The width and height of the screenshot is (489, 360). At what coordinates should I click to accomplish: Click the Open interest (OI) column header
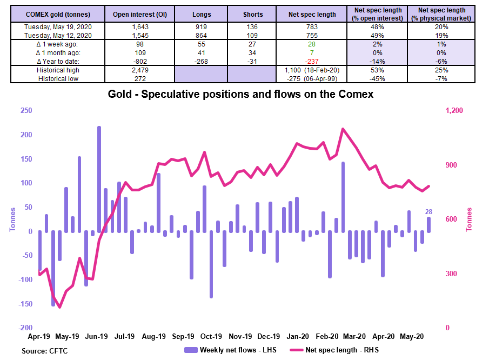point(140,15)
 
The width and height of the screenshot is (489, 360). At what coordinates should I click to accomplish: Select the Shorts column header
point(253,15)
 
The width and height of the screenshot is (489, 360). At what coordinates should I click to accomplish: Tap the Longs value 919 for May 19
point(201,27)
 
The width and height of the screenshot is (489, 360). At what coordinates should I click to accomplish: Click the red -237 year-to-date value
point(312,62)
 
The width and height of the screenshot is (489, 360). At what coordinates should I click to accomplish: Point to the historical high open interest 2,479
point(140,70)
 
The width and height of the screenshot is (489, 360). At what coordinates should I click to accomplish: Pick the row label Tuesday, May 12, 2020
point(58,36)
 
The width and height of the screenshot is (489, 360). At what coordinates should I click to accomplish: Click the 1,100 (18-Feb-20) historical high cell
point(312,70)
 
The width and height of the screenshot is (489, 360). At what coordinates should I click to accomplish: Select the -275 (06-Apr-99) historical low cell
point(312,78)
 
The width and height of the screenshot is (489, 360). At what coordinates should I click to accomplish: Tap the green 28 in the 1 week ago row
point(312,44)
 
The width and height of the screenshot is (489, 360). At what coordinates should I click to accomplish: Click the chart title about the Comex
point(240,94)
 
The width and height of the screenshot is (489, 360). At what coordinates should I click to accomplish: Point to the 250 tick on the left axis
point(26,110)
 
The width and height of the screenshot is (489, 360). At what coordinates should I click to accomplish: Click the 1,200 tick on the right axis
point(454,110)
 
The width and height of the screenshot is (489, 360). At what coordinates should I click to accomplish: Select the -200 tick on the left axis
point(25,328)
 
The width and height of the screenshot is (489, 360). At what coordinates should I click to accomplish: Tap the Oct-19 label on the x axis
point(211,337)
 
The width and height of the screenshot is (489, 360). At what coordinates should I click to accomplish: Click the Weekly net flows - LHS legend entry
point(230,350)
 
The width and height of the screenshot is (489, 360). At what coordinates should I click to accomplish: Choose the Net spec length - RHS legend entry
point(334,350)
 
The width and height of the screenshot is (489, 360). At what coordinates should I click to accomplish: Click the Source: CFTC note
point(45,351)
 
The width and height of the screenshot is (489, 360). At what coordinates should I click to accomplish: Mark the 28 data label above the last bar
point(428,212)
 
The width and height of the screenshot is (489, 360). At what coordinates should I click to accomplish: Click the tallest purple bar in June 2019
point(99,179)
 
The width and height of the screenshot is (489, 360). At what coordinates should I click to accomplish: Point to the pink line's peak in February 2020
point(343,129)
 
